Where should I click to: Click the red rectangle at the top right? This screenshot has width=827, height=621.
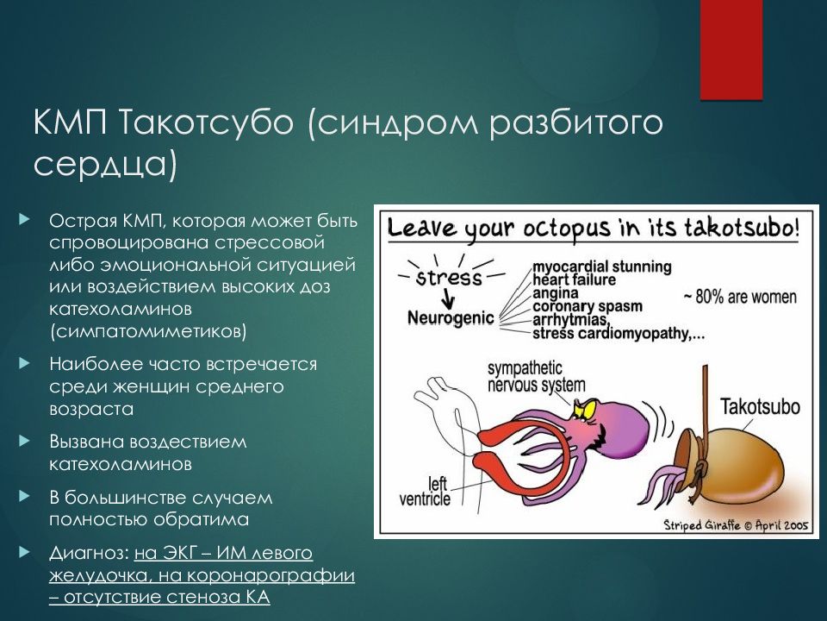731,50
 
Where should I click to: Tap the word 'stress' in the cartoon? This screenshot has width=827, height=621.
449,278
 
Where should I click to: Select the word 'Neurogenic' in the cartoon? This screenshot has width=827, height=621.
451,317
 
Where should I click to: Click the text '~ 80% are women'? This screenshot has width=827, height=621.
740,297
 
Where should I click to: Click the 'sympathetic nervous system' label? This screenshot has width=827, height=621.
536,377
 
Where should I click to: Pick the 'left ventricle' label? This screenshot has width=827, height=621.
428,490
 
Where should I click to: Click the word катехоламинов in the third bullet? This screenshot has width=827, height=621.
121,463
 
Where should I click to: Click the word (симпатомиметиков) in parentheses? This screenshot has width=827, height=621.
147,329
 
